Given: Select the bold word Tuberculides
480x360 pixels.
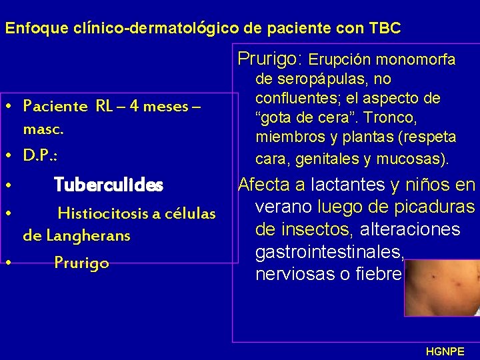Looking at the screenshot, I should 108,184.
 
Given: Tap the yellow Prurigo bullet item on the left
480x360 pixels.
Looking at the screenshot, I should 81,263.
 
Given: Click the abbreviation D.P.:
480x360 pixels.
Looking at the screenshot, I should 40,155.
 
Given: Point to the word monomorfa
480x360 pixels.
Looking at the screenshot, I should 418,60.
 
